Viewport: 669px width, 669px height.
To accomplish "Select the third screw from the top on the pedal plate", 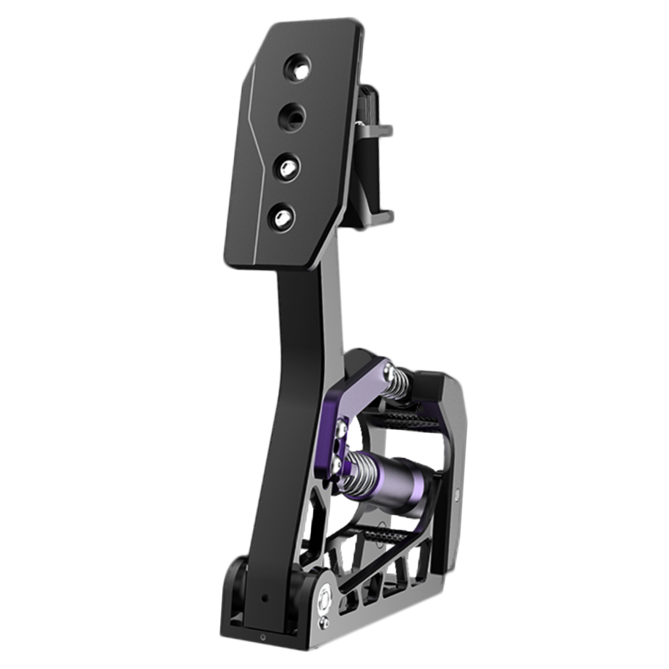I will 286,167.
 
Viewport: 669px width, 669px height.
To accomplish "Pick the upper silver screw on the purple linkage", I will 341,427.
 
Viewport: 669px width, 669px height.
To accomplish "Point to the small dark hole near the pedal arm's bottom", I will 264,599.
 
